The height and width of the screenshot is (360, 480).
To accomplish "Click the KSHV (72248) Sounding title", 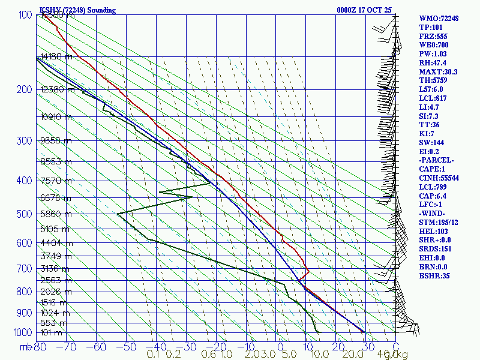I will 77,10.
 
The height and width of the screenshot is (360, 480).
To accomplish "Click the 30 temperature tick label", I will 365,347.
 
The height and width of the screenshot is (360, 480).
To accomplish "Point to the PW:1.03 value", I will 434,54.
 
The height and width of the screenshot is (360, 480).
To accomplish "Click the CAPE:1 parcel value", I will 433,169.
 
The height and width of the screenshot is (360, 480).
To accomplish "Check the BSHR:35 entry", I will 434,275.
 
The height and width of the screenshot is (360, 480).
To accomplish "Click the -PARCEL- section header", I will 437,160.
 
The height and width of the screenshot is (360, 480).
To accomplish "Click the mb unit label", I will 26,347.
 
